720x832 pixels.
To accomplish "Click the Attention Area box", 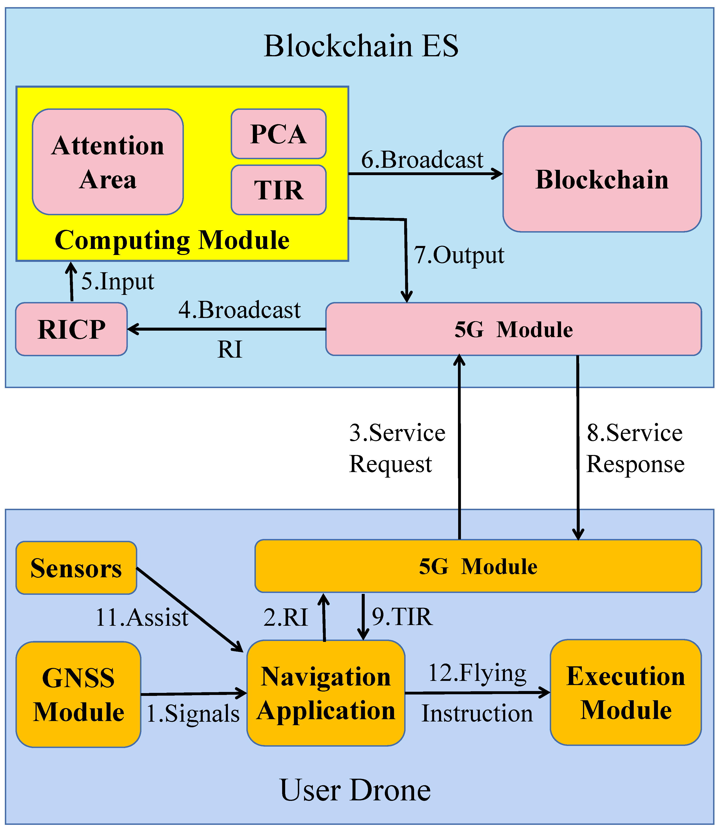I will (x=108, y=162).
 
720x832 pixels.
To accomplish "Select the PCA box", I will (x=278, y=134).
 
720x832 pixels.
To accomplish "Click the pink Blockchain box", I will (x=602, y=179).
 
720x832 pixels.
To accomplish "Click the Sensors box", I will (x=76, y=568).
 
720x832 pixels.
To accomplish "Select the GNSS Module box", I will (x=78, y=695).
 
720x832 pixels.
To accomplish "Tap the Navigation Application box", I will (x=326, y=693).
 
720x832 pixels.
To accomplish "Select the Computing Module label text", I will (x=172, y=240).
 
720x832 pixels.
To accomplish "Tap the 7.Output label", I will (x=459, y=255).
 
